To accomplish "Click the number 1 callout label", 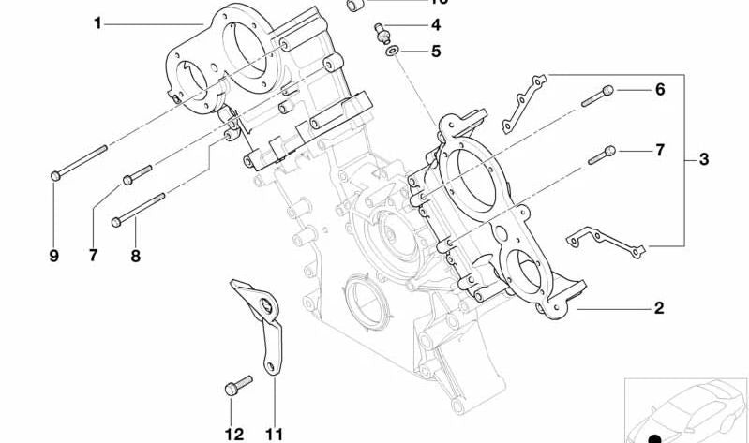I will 97,22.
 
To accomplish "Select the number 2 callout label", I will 659,307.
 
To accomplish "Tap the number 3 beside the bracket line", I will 704,160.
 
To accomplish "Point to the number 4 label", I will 436,25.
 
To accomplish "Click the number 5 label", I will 436,52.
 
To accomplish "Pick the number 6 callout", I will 660,90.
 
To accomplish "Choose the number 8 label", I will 135,255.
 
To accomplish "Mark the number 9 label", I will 53,255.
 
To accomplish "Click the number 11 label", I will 274,434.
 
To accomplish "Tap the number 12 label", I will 234,434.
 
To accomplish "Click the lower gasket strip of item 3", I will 604,242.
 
